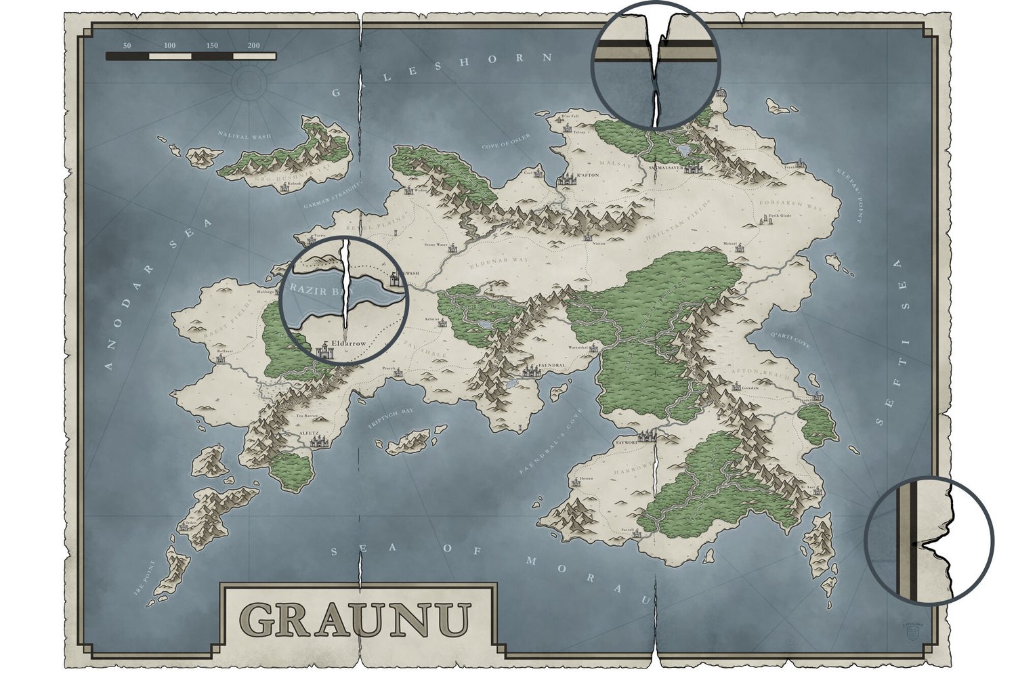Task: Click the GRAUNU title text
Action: [x=355, y=618]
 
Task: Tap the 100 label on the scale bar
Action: [x=169, y=45]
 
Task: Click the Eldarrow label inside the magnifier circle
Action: [x=350, y=343]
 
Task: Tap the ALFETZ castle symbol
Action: [x=317, y=441]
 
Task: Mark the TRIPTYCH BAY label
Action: [x=390, y=419]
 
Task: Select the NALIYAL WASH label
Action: [x=245, y=136]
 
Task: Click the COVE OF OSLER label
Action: [x=506, y=142]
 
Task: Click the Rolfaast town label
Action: [x=224, y=352]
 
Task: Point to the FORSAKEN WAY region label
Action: [x=790, y=204]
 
